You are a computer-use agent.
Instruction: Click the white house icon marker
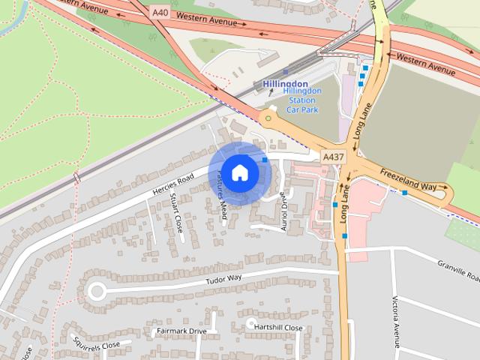[x=239, y=173]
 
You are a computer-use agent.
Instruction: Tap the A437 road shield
[x=333, y=157]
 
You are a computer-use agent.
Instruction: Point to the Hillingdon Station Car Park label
[x=302, y=100]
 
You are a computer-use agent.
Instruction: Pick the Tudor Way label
[x=224, y=280]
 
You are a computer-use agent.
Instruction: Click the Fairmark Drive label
[x=181, y=331]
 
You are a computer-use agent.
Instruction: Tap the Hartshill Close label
[x=278, y=328]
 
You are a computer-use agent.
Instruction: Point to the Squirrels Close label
[x=97, y=345]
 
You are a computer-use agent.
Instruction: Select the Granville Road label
[x=457, y=269]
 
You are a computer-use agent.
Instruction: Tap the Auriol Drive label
[x=283, y=211]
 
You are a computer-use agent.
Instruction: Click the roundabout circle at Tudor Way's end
[x=97, y=291]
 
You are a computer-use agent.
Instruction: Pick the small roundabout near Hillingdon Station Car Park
[x=268, y=118]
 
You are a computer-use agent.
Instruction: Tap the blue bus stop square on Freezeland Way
[x=404, y=193]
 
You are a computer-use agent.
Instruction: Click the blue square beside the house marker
[x=265, y=160]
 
